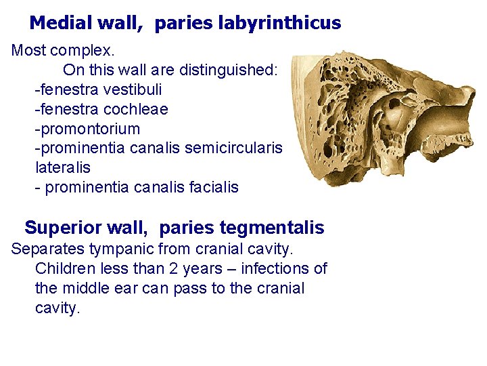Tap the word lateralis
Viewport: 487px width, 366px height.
[x=62, y=167]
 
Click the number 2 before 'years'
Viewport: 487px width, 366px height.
[x=166, y=268]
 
